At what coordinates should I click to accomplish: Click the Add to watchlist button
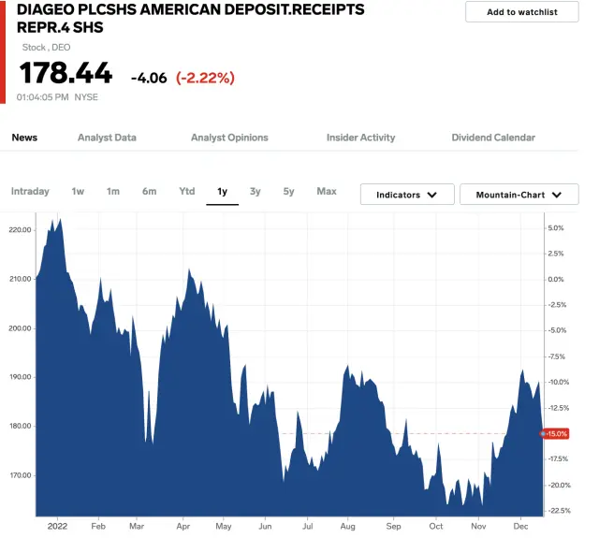[x=521, y=12]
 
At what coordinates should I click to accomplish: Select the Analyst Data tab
[x=107, y=138]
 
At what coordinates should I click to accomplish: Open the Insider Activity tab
[x=360, y=138]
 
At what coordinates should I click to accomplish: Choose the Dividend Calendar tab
[x=493, y=138]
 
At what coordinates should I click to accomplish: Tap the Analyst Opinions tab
[x=229, y=138]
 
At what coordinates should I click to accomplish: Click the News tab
[x=24, y=138]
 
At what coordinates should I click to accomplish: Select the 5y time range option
[x=288, y=192]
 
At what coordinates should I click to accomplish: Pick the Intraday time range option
[x=30, y=192]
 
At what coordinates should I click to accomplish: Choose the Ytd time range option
[x=187, y=192]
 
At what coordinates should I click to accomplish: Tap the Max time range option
[x=327, y=192]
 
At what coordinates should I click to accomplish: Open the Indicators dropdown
[x=407, y=195]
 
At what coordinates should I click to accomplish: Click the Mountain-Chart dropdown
[x=519, y=195]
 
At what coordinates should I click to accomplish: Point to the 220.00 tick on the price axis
[x=19, y=230]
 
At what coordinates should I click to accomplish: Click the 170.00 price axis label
[x=19, y=475]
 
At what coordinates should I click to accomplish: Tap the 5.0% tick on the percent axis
[x=556, y=227]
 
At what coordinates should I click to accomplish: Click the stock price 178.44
[x=66, y=73]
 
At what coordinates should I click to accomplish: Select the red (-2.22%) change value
[x=205, y=78]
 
